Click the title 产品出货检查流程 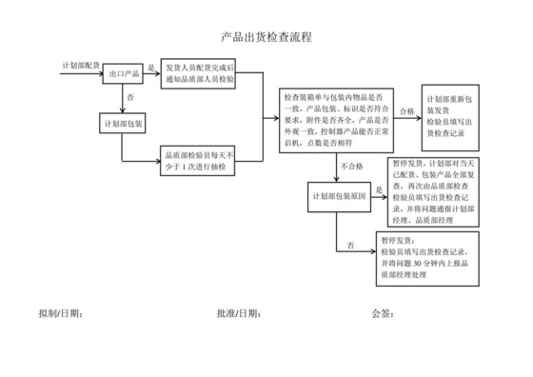pos(266,38)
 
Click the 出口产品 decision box pos(125,73)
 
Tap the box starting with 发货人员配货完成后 pos(199,73)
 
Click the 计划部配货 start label pos(80,64)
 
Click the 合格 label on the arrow pos(405,111)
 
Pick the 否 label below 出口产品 pos(130,97)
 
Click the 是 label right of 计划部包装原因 pos(378,189)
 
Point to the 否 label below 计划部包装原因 pos(350,245)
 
